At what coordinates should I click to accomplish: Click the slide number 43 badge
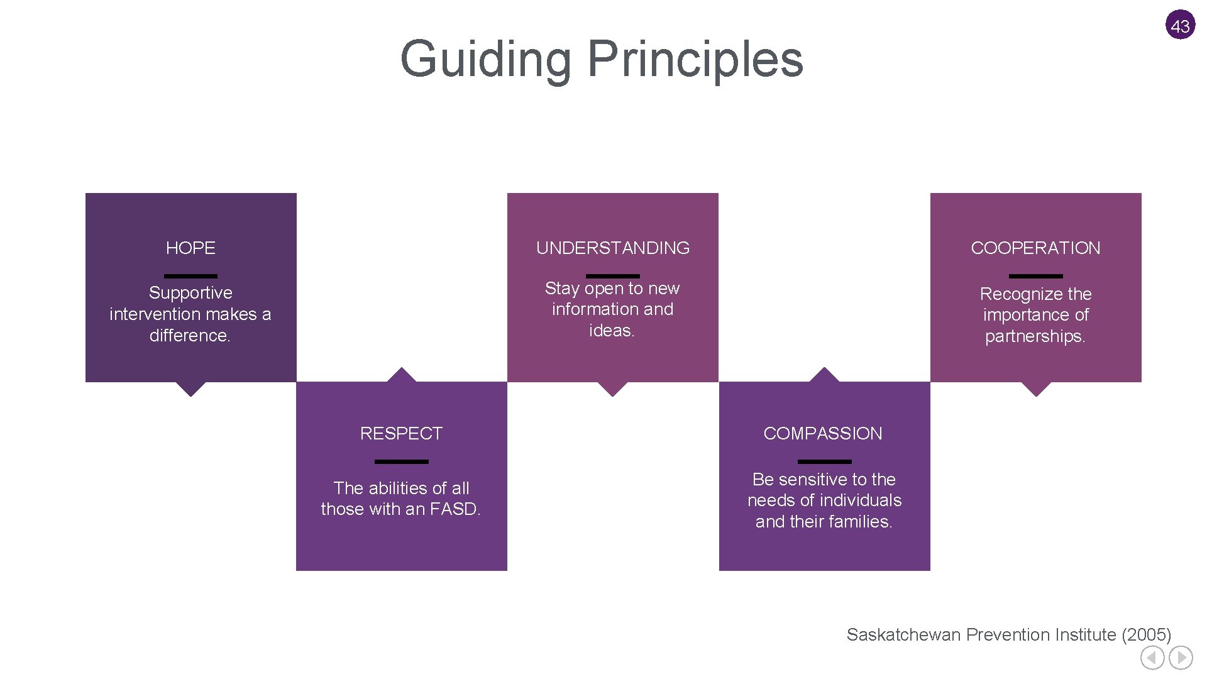point(1180,25)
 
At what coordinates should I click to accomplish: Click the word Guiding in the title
point(484,60)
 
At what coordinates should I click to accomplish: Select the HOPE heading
point(190,248)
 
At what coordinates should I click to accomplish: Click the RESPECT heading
point(401,433)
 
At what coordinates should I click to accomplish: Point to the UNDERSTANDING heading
point(612,248)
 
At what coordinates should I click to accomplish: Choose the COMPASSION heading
point(823,433)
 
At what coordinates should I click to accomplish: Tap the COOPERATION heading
point(1035,248)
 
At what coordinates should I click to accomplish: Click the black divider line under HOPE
point(190,275)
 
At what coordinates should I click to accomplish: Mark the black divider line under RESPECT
point(401,461)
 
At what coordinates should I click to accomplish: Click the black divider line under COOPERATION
point(1035,275)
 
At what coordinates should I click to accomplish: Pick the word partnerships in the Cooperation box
point(1034,336)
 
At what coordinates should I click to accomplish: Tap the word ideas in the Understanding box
point(610,330)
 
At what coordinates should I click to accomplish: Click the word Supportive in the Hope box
point(190,292)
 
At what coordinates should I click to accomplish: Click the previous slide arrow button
point(1152,658)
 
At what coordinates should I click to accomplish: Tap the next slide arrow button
point(1181,658)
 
